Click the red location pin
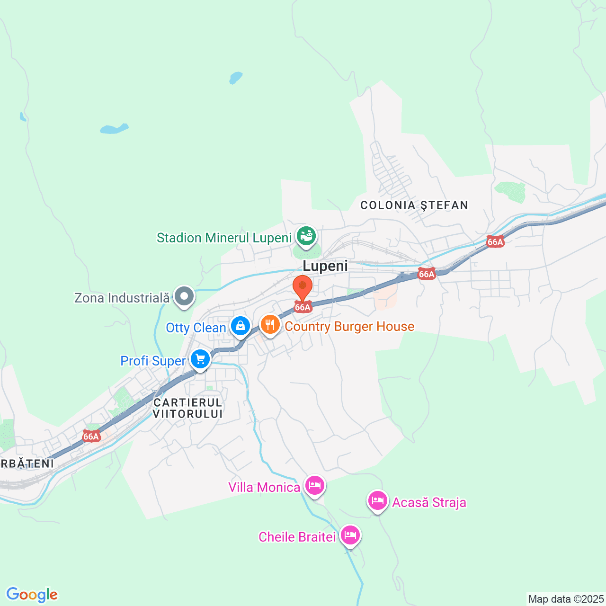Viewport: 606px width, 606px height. (302, 287)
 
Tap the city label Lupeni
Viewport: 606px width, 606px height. (325, 266)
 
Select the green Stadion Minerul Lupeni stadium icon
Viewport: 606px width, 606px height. (306, 235)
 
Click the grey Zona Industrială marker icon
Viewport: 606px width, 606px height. (184, 296)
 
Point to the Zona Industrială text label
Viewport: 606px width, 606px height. (122, 298)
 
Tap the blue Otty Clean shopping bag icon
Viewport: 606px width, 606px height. (241, 326)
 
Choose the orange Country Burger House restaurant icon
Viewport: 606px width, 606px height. (270, 325)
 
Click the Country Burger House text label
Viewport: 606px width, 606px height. (349, 326)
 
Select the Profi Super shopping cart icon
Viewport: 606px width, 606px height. (200, 359)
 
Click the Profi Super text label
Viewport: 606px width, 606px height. (153, 361)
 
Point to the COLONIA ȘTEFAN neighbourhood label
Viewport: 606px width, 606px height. (414, 205)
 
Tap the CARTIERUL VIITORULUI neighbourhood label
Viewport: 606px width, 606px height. (188, 408)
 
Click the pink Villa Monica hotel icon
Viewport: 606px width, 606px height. (315, 485)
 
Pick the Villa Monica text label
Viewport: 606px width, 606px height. (264, 487)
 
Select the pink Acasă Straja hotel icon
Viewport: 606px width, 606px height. (377, 500)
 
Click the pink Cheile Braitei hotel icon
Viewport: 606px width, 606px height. (350, 535)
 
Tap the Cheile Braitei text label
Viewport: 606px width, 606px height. (297, 537)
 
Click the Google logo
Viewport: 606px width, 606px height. (32, 595)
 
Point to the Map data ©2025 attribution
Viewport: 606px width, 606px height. (566, 599)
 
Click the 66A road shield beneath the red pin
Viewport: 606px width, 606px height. (303, 307)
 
